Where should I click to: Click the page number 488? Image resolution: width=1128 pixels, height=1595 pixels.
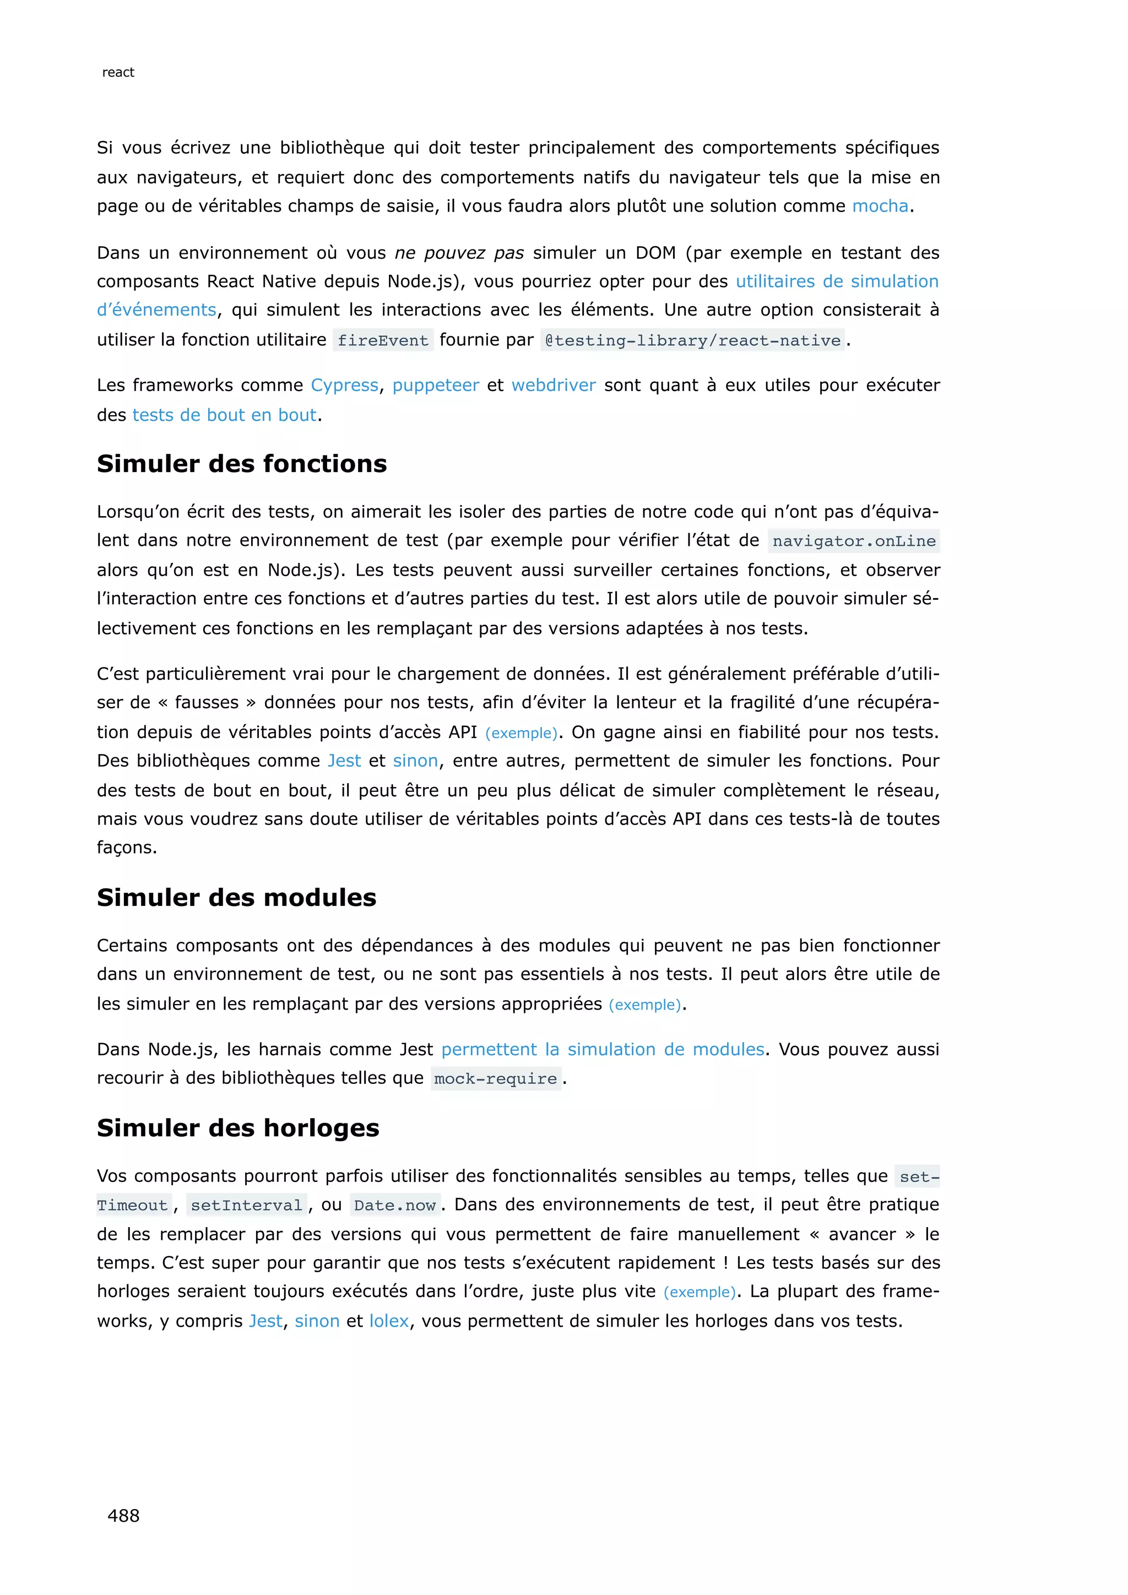click(x=123, y=1516)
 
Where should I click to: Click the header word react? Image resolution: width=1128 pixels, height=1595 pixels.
click(x=118, y=72)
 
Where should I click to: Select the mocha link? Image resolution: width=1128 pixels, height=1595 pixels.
click(x=880, y=207)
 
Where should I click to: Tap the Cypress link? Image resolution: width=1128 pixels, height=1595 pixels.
click(x=344, y=386)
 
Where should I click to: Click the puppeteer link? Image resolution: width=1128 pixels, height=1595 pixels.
click(x=436, y=386)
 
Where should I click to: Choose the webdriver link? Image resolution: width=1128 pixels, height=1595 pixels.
click(x=554, y=386)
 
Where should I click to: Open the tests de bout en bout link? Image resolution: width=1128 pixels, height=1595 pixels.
click(x=224, y=415)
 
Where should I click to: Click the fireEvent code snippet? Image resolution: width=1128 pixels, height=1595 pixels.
click(x=383, y=340)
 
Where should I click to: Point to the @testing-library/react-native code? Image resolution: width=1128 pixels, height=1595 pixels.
click(x=692, y=340)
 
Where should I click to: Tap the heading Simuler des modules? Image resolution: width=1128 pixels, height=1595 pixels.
click(x=236, y=898)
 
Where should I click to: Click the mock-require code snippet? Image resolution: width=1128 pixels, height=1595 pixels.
click(x=495, y=1079)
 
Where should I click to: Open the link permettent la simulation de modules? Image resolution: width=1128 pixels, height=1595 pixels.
click(x=602, y=1050)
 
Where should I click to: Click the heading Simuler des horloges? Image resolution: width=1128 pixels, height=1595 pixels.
click(x=237, y=1128)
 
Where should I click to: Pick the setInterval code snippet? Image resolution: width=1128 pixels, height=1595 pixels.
click(x=247, y=1205)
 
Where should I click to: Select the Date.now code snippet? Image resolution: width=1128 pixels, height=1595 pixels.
click(x=394, y=1205)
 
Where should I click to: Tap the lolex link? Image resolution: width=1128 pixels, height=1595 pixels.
click(x=389, y=1321)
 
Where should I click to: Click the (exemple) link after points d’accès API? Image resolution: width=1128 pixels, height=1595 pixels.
click(x=521, y=734)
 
